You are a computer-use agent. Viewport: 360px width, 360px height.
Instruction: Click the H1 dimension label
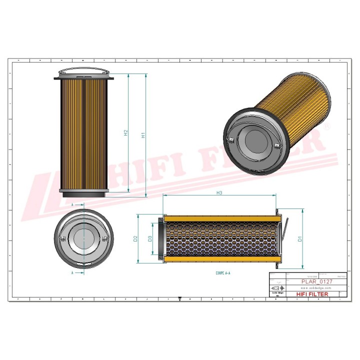pos(142,134)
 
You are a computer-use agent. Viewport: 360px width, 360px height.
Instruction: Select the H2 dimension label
pos(126,133)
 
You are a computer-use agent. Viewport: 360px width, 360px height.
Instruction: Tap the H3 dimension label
pos(219,192)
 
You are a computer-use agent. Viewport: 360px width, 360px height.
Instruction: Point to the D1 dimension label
pos(299,238)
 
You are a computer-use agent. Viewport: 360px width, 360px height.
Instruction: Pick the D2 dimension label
pos(135,238)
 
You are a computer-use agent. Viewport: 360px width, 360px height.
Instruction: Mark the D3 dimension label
pos(150,238)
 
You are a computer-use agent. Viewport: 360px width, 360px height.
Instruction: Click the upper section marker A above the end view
pos(72,205)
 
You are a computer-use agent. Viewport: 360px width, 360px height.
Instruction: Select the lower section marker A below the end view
pos(72,273)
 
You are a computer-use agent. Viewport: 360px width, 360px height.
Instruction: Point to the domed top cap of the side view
pos(82,73)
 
